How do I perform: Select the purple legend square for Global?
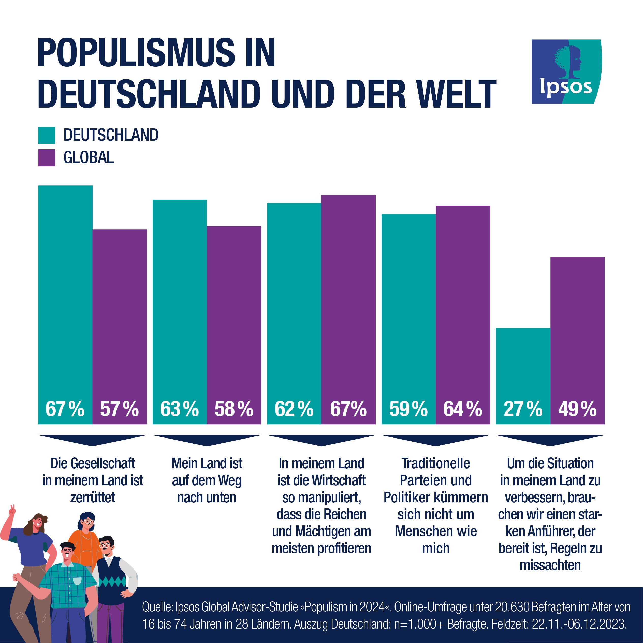(47, 158)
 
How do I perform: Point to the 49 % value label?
(577, 409)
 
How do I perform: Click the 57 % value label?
(119, 409)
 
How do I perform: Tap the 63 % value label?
(179, 409)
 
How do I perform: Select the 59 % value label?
(408, 409)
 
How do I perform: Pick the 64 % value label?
(463, 409)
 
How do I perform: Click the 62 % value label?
(294, 409)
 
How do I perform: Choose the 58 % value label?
(234, 409)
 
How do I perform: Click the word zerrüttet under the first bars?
(93, 498)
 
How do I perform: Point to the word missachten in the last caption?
(550, 565)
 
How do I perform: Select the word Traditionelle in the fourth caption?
(436, 463)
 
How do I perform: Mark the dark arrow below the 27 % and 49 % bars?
(550, 440)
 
